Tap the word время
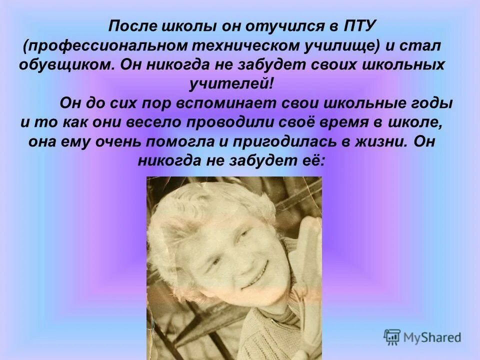coord(352,123)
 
